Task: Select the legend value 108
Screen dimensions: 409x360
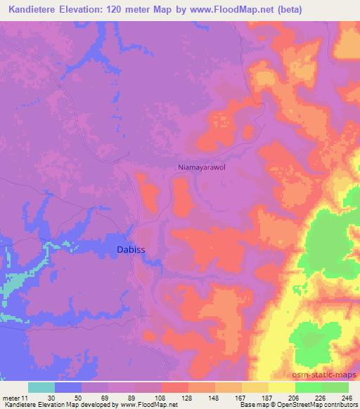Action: pyautogui.click(x=161, y=398)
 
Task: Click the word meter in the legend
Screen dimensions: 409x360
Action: pyautogui.click(x=12, y=398)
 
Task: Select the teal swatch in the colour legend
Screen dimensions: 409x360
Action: pyautogui.click(x=41, y=387)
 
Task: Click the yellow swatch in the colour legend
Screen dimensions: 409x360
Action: pyautogui.click(x=281, y=387)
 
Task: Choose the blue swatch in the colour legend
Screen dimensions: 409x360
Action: pyautogui.click(x=68, y=387)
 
